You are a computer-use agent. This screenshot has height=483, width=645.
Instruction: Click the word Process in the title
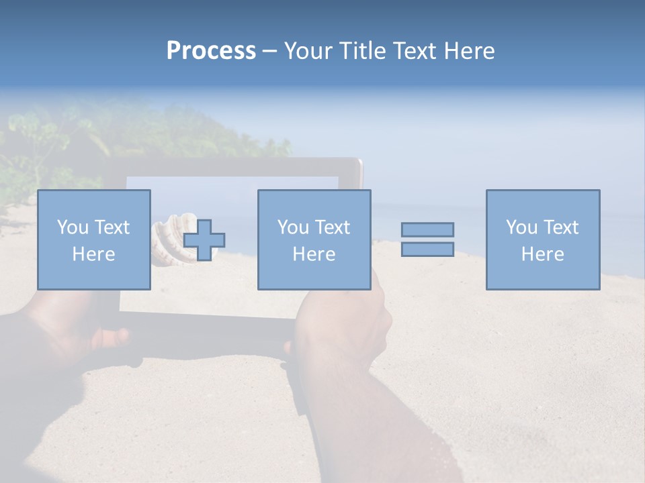pyautogui.click(x=211, y=51)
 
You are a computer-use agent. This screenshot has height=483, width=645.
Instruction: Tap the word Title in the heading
pyautogui.click(x=362, y=51)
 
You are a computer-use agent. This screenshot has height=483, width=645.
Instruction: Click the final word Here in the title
pyautogui.click(x=469, y=51)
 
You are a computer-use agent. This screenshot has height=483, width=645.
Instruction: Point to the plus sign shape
pyautogui.click(x=204, y=240)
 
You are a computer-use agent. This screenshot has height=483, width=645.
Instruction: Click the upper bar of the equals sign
pyautogui.click(x=427, y=229)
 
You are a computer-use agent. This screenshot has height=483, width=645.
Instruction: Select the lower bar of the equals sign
pyautogui.click(x=427, y=249)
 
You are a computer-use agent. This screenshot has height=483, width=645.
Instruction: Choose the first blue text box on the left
pyautogui.click(x=93, y=239)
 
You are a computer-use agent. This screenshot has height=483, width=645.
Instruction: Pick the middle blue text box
pyautogui.click(x=314, y=239)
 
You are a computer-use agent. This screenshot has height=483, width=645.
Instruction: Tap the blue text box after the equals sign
pyautogui.click(x=542, y=239)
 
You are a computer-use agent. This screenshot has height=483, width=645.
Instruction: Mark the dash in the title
pyautogui.click(x=269, y=51)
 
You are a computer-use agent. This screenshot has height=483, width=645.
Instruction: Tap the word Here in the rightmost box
pyautogui.click(x=542, y=254)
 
